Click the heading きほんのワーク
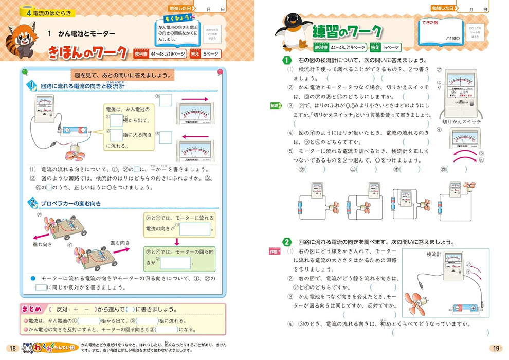[x=87, y=52]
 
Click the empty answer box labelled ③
[x=166, y=99]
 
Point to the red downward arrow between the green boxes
[x=175, y=241]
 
